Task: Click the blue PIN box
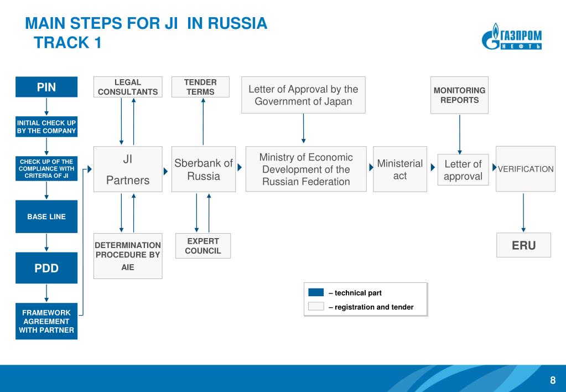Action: click(46, 87)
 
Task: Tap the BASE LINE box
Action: click(46, 216)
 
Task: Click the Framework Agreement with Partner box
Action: click(46, 321)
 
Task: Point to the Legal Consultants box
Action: click(128, 87)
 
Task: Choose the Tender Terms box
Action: click(200, 87)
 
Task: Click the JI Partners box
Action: click(128, 169)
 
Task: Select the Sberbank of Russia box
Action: click(203, 169)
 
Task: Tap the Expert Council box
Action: click(203, 246)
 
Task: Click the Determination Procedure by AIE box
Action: click(128, 256)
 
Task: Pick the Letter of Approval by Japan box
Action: click(303, 95)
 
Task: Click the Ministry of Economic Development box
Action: click(305, 169)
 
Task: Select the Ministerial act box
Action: click(399, 169)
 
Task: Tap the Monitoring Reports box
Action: click(459, 95)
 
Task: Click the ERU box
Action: click(523, 245)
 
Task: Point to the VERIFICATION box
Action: click(525, 169)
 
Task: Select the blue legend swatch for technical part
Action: click(315, 292)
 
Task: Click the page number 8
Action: click(552, 380)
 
